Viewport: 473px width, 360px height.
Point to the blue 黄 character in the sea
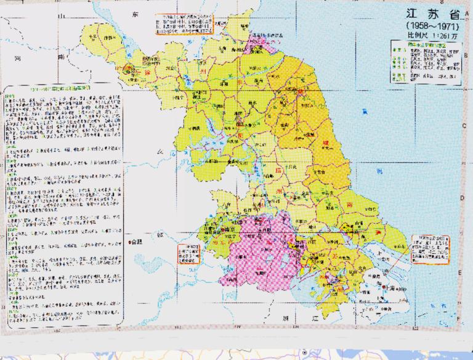365,111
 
